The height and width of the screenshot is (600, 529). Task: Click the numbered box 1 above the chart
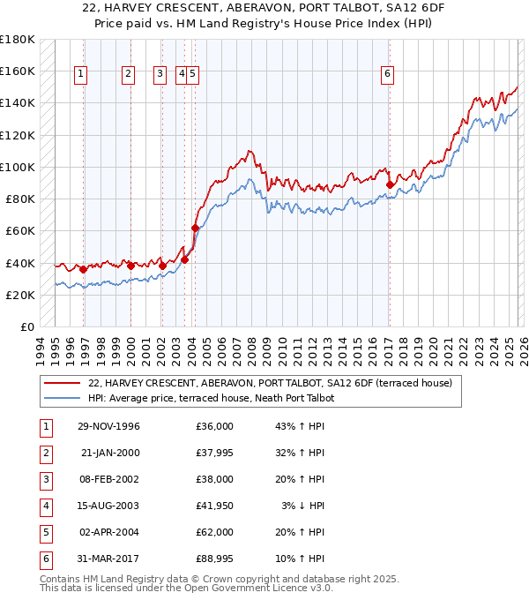(x=80, y=75)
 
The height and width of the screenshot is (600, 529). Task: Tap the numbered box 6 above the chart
(x=387, y=75)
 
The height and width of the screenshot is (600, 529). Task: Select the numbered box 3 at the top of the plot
(x=160, y=75)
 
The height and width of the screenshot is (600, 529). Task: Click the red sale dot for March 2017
(x=390, y=184)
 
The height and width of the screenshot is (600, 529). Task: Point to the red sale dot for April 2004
(x=195, y=228)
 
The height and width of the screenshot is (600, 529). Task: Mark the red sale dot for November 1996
(x=84, y=269)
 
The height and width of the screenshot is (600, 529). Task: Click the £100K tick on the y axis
(x=18, y=167)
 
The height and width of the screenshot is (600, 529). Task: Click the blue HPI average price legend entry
(x=212, y=398)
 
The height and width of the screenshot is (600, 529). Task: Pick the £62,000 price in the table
(x=215, y=533)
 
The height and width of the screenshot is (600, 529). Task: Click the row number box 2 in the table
(x=45, y=453)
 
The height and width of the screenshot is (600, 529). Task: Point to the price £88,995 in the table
(x=215, y=559)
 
